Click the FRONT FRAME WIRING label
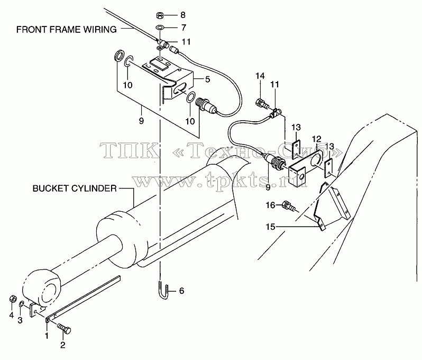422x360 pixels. tap(67, 29)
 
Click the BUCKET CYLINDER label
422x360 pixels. tap(75, 188)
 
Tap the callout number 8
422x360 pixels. tap(183, 15)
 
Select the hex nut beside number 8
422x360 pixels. tap(159, 15)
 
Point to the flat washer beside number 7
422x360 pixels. tap(160, 28)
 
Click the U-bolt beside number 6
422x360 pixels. tap(163, 292)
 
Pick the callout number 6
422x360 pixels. tap(182, 291)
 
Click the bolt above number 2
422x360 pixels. tap(64, 328)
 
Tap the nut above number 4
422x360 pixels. tap(12, 299)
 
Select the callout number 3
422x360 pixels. tap(20, 320)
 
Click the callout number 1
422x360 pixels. tap(47, 336)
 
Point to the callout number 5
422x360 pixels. tap(207, 79)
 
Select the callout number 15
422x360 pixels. tap(270, 227)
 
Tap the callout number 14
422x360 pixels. tap(260, 76)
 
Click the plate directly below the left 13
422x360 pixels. tap(296, 149)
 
